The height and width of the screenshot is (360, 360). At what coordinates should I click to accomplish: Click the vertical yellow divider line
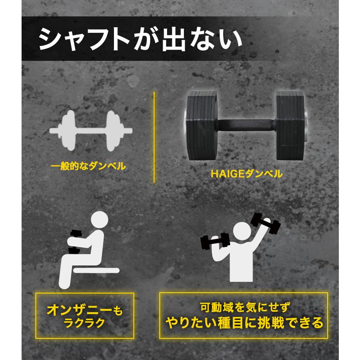click(x=153, y=136)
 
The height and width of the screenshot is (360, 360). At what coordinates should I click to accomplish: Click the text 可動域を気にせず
click(x=244, y=307)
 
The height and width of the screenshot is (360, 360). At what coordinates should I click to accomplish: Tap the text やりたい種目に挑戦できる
click(x=244, y=322)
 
